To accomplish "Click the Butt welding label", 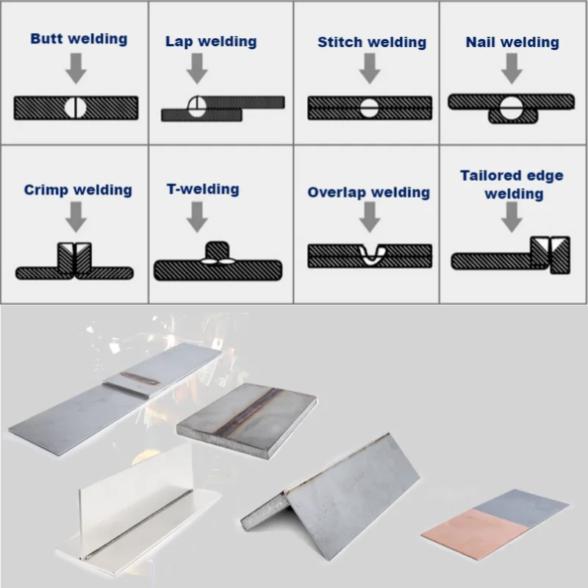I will point(78,39).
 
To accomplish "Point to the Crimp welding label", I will point(78,190).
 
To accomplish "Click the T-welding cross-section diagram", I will point(218,265).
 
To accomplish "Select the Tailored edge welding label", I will point(512,184).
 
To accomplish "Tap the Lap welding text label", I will point(211,42).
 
